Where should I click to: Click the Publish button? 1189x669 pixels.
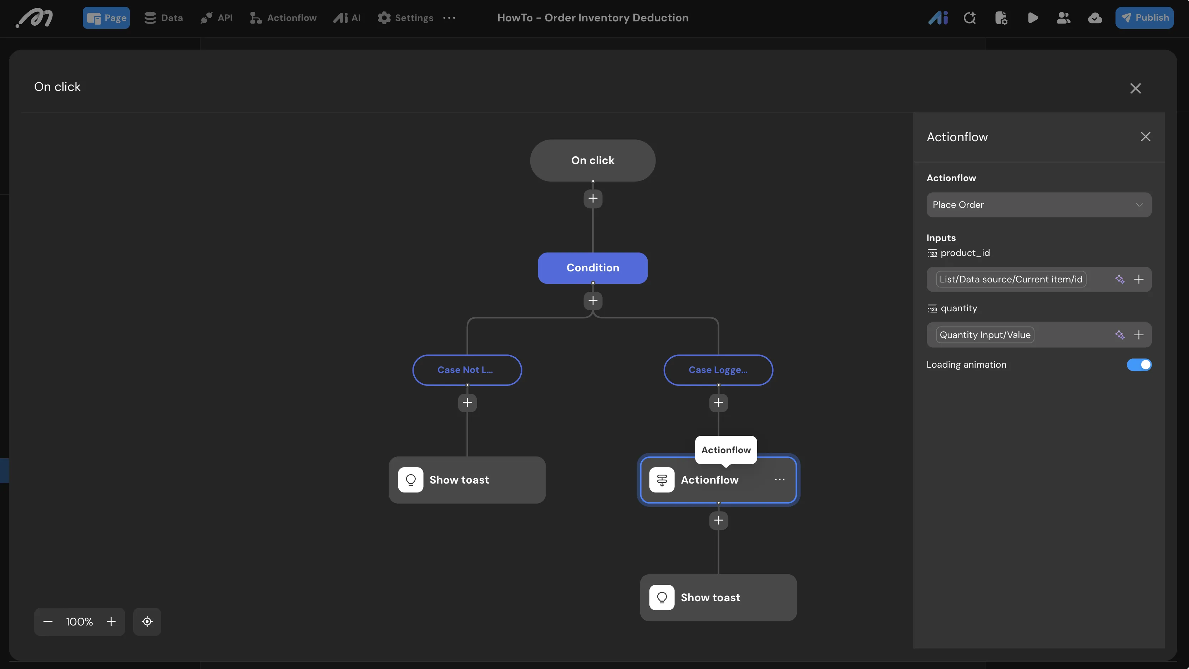point(1144,17)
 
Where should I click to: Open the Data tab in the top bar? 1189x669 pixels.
point(163,17)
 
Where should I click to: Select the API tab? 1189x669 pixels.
point(217,17)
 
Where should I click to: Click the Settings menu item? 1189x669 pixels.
point(405,17)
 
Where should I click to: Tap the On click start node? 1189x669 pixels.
point(593,160)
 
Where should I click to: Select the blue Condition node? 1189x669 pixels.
point(593,267)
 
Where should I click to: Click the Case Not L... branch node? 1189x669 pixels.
point(467,369)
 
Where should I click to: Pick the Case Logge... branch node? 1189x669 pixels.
point(718,369)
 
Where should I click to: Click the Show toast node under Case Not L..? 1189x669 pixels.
point(467,480)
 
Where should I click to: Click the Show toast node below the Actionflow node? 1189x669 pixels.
point(718,597)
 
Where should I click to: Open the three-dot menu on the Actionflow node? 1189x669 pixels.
point(780,480)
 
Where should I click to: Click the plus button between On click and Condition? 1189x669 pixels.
point(593,198)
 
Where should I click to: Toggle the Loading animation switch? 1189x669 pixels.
point(1139,364)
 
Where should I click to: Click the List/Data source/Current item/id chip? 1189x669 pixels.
point(1011,279)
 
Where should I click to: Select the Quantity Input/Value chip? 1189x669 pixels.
point(985,334)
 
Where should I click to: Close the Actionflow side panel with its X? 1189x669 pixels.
point(1145,137)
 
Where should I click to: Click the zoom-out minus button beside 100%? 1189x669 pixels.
point(47,622)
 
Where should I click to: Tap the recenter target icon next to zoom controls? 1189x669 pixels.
point(147,622)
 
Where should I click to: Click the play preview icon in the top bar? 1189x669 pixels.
point(1033,17)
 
